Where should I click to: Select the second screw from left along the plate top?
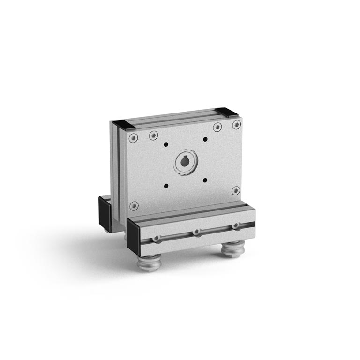tap(153, 135)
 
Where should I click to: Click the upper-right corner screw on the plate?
tap(237, 124)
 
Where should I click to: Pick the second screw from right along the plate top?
tap(217, 127)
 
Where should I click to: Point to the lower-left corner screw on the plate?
tap(134, 205)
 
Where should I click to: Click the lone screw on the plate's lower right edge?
tap(236, 190)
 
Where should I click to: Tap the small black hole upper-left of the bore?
tap(166, 144)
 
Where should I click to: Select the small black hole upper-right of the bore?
tap(205, 139)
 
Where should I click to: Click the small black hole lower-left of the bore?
tap(166, 186)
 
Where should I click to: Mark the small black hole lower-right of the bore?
tap(205, 180)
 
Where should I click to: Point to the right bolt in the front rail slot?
tap(235, 226)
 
